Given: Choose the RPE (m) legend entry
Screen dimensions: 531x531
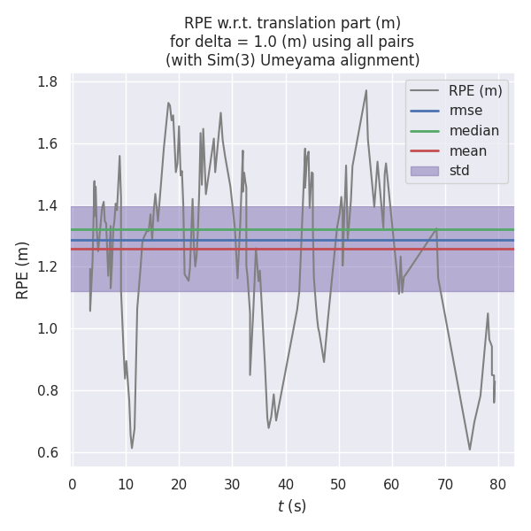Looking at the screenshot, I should (x=475, y=90).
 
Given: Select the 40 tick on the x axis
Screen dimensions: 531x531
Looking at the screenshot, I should (x=286, y=483).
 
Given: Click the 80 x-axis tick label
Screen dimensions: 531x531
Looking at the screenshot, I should (x=498, y=483).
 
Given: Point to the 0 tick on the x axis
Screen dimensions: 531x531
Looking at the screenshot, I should (x=73, y=483).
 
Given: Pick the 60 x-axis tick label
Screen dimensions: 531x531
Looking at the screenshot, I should (x=392, y=483).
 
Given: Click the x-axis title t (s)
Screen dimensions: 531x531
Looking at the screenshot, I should (x=292, y=506).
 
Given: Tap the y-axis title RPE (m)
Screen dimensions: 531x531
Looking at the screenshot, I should (x=23, y=270).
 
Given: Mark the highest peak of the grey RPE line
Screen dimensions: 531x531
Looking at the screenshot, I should (x=366, y=89).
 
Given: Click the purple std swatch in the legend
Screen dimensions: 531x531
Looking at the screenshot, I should (x=425, y=171).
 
